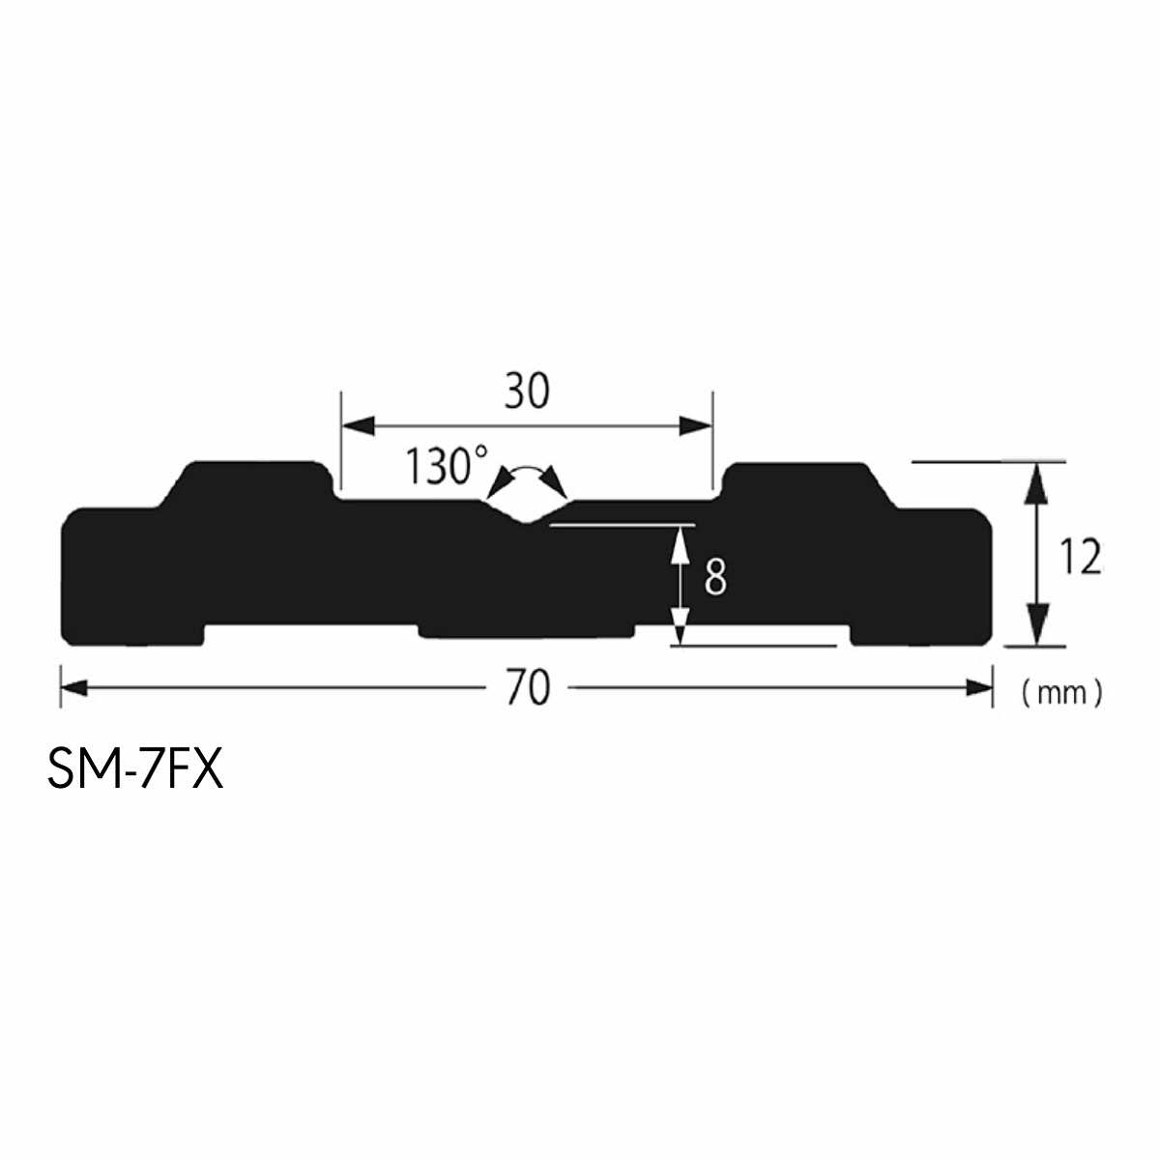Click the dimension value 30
(x=527, y=391)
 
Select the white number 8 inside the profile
(x=715, y=576)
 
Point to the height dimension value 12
(x=1081, y=557)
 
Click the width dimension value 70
(x=528, y=687)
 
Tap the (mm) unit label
(x=1062, y=693)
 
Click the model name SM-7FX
(x=135, y=769)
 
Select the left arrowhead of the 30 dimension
(x=359, y=425)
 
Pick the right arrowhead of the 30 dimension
(x=695, y=425)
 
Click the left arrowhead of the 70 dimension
(x=74, y=687)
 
